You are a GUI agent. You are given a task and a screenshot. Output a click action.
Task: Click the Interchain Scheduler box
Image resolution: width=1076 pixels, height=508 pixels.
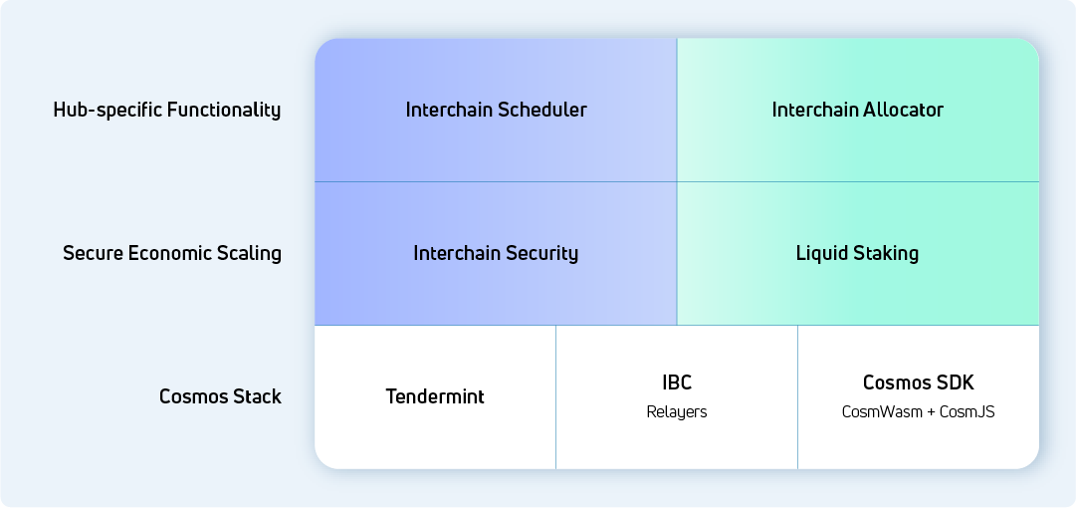pyautogui.click(x=496, y=110)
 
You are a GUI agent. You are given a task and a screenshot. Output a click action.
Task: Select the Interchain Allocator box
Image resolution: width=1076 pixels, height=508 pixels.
pyautogui.click(x=858, y=110)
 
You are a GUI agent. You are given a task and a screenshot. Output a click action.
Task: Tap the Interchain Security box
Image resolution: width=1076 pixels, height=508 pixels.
pyautogui.click(x=496, y=253)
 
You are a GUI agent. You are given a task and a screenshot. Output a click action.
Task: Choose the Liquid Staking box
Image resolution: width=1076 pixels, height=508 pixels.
pyautogui.click(x=858, y=253)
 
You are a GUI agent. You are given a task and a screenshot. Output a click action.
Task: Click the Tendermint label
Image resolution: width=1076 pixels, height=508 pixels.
pyautogui.click(x=435, y=396)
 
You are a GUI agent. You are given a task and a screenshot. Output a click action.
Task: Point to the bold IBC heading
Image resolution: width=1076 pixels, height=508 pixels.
pyautogui.click(x=677, y=382)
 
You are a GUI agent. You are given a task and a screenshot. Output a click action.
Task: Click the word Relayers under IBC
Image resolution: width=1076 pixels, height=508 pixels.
pyautogui.click(x=677, y=412)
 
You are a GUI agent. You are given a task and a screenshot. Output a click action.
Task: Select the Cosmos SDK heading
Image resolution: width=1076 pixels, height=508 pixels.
pyautogui.click(x=918, y=382)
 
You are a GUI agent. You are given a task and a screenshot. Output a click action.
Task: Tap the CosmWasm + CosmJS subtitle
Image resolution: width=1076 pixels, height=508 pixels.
pyautogui.click(x=918, y=412)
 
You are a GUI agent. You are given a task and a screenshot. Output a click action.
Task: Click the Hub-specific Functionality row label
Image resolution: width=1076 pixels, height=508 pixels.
pyautogui.click(x=167, y=110)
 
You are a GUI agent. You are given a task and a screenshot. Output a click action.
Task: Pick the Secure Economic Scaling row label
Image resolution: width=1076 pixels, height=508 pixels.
pyautogui.click(x=172, y=253)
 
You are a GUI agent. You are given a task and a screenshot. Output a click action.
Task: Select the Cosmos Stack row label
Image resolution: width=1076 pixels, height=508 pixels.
pyautogui.click(x=220, y=396)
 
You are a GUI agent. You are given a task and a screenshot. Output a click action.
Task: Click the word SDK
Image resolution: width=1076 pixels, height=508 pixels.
pyautogui.click(x=957, y=382)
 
